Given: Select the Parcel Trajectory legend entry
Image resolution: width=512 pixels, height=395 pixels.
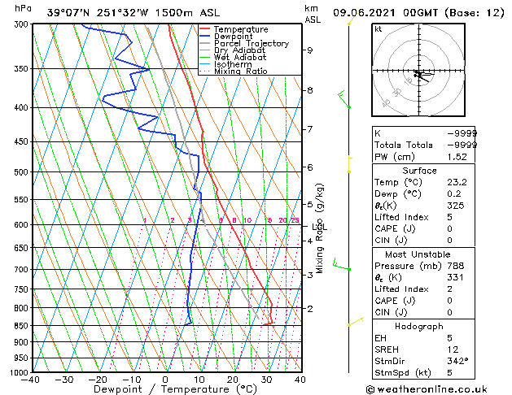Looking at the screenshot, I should coord(251,44).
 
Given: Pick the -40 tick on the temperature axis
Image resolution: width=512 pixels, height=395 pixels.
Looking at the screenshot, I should coord(31,380).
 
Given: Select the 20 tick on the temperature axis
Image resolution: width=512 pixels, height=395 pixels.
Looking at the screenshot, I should coord(233,380).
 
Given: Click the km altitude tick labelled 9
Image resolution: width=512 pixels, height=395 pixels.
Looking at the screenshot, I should coord(310,50).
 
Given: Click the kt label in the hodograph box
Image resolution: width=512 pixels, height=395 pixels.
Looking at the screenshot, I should coord(379,29).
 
